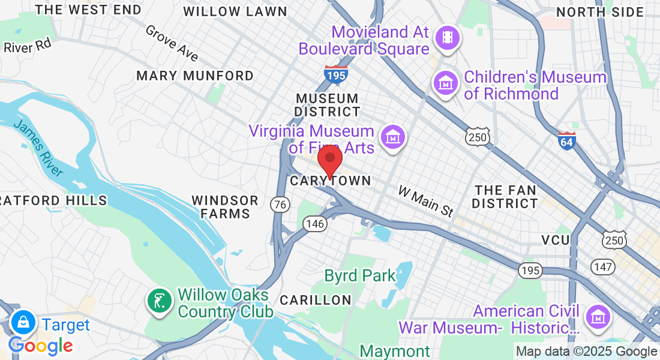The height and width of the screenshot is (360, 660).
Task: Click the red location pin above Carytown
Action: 329,160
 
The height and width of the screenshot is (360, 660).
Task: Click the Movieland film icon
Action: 447,38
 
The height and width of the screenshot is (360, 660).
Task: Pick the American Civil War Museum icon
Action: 598,316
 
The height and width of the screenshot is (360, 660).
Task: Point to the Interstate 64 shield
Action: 566,140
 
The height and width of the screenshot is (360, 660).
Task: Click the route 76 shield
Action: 279,204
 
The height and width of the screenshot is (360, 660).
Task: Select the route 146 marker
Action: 315,224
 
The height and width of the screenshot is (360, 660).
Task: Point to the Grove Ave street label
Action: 172,43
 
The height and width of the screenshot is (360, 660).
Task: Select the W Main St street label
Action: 426,201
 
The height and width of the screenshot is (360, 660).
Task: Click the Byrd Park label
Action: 360,276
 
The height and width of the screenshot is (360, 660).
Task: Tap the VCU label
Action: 555,240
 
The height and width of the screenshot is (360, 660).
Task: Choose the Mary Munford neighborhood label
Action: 195,76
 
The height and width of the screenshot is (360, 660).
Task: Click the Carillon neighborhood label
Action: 315,299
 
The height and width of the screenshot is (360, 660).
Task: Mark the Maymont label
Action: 395,351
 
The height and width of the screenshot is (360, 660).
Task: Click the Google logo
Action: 41,346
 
